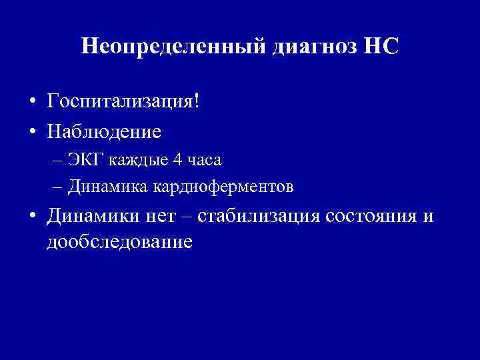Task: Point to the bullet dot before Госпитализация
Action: (x=31, y=103)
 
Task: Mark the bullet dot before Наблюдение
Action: (x=31, y=131)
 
